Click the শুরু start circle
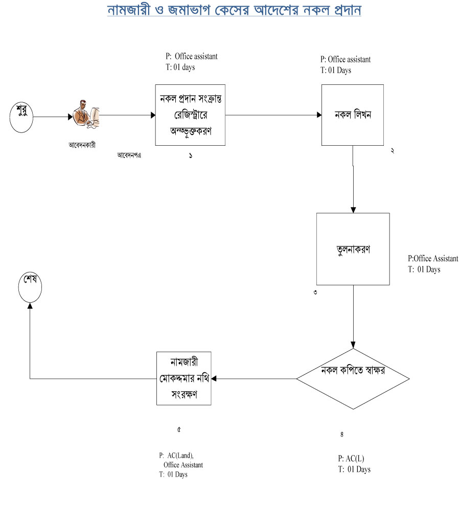click(21, 117)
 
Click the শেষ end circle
click(30, 288)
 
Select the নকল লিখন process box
click(353, 115)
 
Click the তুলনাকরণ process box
click(353, 249)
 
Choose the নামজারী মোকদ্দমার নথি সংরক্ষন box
click(183, 379)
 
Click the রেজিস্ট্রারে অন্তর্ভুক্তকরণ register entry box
click(190, 115)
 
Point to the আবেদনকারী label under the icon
click(82, 145)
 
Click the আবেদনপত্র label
click(129, 155)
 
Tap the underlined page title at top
click(234, 10)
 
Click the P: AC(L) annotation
click(351, 458)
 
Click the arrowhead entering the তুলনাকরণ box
click(353, 210)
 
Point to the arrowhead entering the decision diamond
click(353, 345)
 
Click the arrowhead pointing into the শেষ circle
click(30, 305)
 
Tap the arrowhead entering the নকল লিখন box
click(317, 116)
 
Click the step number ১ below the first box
click(190, 155)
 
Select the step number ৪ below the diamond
click(341, 435)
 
